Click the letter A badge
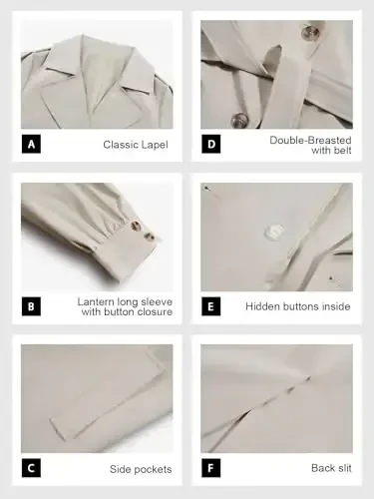tap(31, 145)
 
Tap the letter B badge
tap(31, 306)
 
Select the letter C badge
tap(31, 468)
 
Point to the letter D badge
tap(211, 145)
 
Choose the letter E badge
tap(211, 306)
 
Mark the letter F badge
tap(211, 468)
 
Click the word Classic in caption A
tap(121, 145)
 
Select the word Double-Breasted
tap(310, 139)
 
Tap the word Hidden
tap(264, 306)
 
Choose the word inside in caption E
tap(335, 306)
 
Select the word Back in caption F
tap(318, 468)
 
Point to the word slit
tap(343, 468)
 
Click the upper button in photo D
tap(309, 32)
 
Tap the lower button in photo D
tap(239, 121)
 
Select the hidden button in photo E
tap(272, 232)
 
